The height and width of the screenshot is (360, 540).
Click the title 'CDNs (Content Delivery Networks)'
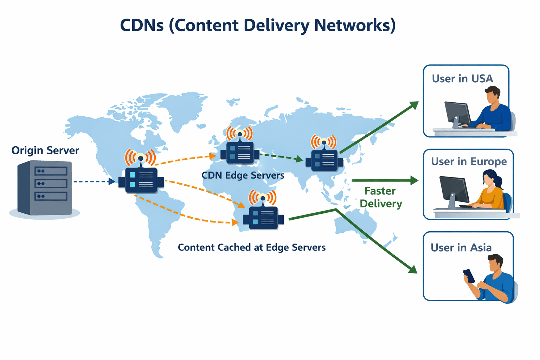tap(258, 26)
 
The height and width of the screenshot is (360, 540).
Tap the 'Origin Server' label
tap(45, 150)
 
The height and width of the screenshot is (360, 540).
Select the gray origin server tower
tap(45, 188)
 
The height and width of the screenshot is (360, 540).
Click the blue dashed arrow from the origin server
tap(93, 181)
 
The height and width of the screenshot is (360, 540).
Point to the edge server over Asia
tap(324, 160)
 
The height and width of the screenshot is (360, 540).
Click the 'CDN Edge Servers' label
tap(243, 175)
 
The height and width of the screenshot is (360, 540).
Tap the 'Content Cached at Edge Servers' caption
tap(252, 247)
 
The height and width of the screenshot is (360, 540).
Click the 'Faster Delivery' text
tap(381, 197)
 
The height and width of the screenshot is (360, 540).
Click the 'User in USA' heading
tap(462, 79)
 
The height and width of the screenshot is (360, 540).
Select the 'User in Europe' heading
tap(469, 162)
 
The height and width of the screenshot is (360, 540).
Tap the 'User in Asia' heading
tap(461, 248)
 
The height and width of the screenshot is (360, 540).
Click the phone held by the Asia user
tap(469, 276)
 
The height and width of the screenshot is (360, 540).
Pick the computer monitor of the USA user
tap(457, 113)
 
